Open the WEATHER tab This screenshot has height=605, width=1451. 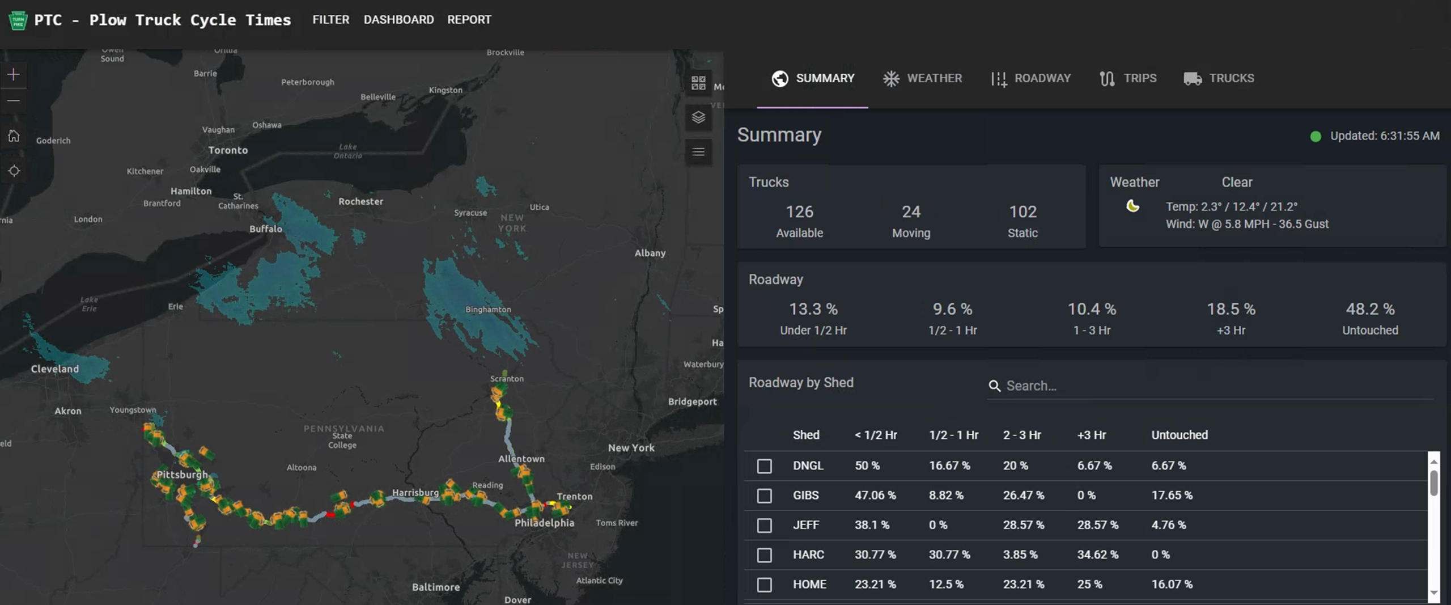point(922,78)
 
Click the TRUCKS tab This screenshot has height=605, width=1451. point(1219,78)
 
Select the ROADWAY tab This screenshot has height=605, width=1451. point(1030,78)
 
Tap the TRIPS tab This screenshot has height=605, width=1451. point(1127,78)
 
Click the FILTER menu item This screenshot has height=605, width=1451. point(330,20)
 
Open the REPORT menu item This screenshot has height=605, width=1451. point(469,20)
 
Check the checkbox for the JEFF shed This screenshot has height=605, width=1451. point(764,526)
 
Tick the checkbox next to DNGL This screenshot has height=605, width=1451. point(764,466)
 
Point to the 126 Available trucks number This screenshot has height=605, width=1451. point(799,212)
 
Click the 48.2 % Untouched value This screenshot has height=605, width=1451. point(1369,310)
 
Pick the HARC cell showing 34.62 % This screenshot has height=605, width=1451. point(1097,555)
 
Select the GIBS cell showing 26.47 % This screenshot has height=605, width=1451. point(1023,496)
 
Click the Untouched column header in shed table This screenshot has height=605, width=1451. point(1179,435)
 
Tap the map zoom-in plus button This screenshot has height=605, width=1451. point(14,74)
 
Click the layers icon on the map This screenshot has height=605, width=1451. point(698,117)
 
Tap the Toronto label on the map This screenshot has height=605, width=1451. point(228,150)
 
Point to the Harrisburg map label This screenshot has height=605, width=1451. point(415,493)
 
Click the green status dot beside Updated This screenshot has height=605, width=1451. point(1316,137)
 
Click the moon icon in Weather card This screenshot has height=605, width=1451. point(1132,206)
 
